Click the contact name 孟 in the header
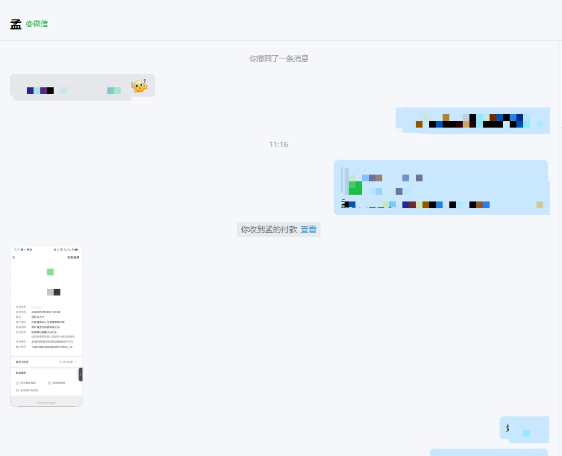point(15,24)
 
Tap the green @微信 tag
point(37,24)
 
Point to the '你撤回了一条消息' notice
point(278,58)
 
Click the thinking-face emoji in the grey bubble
point(139,85)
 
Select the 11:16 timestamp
point(278,144)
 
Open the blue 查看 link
point(308,230)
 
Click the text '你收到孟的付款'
point(269,230)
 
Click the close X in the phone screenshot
point(13,257)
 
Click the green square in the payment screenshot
point(50,272)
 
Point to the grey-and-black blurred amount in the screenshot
point(54,292)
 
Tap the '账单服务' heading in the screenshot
point(21,372)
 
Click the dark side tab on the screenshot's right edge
point(80,375)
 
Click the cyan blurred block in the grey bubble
point(114,91)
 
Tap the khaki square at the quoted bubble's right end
point(540,205)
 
